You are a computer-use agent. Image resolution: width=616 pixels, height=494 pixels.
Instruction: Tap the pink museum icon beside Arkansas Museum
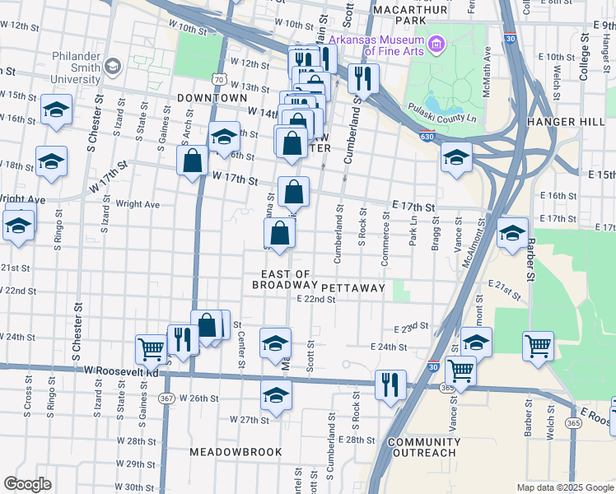coord(435,42)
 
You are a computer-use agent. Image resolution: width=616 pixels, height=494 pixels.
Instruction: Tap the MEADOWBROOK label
coord(236,452)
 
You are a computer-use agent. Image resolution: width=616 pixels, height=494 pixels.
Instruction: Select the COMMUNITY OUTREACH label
coord(422,447)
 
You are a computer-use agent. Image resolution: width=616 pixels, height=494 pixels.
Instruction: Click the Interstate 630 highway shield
coord(426,137)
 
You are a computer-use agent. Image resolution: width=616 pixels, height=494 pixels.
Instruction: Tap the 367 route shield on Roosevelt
coord(166,398)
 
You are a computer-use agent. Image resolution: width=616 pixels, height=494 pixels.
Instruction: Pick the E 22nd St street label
coord(316,300)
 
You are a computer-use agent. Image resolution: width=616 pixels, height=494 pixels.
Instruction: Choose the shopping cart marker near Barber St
coord(538,346)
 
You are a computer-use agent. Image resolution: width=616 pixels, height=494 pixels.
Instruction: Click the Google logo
coord(27,484)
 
